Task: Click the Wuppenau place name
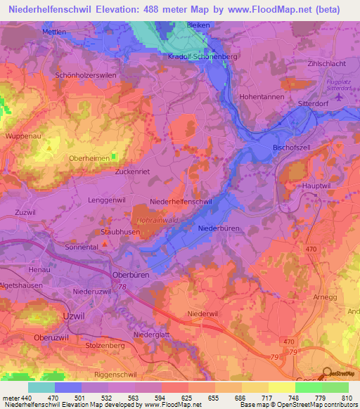(x=22, y=134)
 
